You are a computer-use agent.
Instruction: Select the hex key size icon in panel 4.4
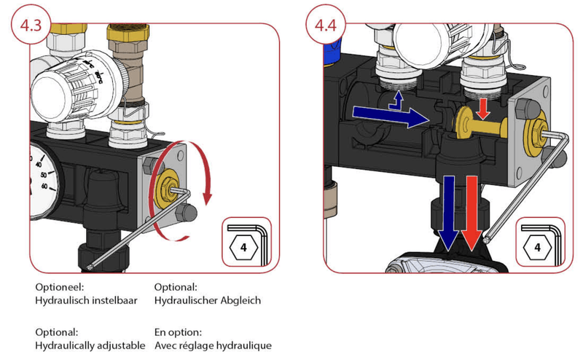[x=539, y=246]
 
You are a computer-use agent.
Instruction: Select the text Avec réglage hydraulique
[x=214, y=343]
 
